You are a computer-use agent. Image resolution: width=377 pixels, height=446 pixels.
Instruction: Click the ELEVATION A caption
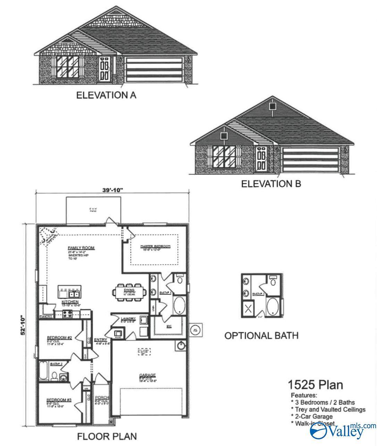[x=106, y=95]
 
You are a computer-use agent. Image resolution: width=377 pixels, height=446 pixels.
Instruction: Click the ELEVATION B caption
[x=271, y=183]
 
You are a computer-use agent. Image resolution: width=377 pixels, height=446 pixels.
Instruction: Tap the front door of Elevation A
[x=104, y=69]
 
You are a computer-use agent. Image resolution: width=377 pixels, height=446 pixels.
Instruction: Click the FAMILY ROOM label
[x=81, y=248]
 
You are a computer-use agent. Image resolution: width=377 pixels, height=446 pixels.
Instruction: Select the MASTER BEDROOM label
[x=155, y=246]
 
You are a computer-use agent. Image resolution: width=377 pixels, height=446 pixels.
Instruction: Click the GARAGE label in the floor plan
[x=147, y=375]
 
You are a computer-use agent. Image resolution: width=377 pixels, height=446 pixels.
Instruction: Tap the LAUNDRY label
[x=125, y=318]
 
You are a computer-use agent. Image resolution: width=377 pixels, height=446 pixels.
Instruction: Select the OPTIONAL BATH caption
[x=261, y=335]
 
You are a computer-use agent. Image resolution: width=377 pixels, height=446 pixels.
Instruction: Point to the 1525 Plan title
[x=315, y=385]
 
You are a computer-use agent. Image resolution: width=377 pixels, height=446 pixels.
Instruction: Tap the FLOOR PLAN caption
[x=107, y=436]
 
